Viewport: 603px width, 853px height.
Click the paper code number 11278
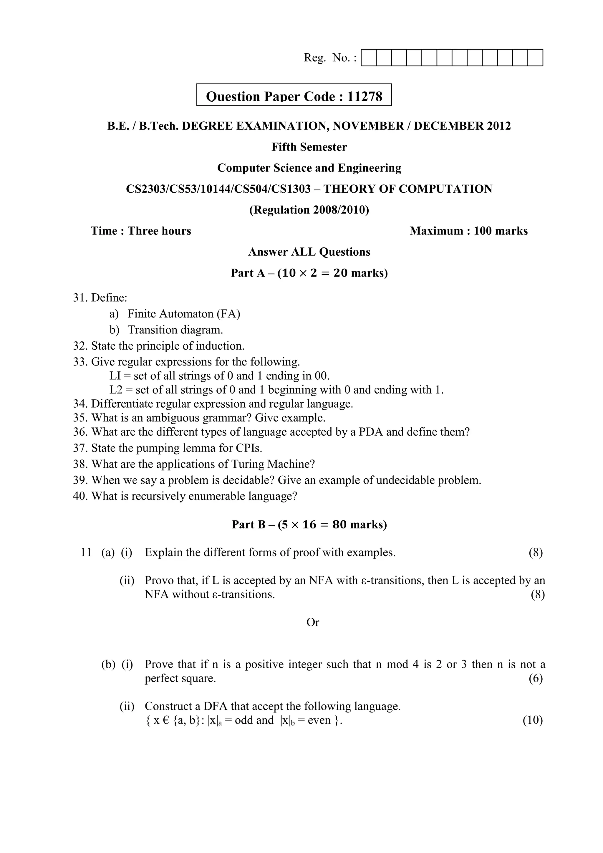point(364,97)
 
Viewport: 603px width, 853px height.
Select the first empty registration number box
point(369,58)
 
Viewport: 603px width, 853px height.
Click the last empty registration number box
point(535,58)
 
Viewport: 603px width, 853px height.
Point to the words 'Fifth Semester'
point(309,147)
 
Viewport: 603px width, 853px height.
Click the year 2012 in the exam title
point(499,126)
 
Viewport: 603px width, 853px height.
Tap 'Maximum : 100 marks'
point(468,231)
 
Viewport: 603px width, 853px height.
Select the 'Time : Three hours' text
point(141,231)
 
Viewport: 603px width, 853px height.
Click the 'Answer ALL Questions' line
point(309,252)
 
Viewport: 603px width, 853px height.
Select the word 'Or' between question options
point(313,622)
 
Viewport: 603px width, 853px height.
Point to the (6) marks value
point(535,678)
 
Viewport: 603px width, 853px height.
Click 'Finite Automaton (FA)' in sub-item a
point(184,314)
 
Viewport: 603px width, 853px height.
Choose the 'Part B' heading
point(248,525)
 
